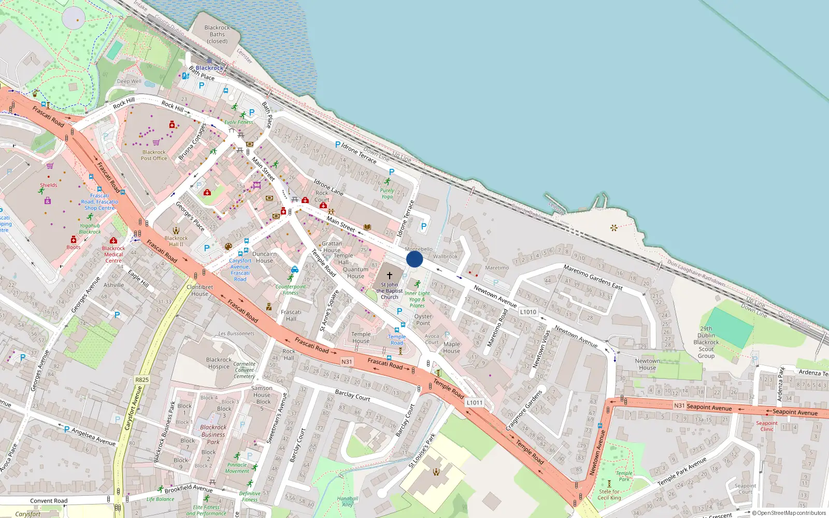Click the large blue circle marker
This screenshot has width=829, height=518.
[414, 259]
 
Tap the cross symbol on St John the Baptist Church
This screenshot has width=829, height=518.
[390, 276]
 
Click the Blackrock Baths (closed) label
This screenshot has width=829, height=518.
[217, 34]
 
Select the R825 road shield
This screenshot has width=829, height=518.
[142, 380]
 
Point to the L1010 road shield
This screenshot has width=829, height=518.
[528, 312]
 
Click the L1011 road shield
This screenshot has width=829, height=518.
[474, 402]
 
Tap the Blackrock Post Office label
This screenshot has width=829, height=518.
[154, 155]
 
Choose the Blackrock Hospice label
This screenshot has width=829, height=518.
[219, 363]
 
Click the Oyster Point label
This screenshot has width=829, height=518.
[423, 320]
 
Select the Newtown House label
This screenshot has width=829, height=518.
[647, 364]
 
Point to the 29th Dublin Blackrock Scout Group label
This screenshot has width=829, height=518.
[706, 342]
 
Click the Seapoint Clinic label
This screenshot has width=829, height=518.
[767, 426]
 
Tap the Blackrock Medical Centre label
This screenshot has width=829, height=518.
[113, 254]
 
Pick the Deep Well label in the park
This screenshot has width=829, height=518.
[129, 81]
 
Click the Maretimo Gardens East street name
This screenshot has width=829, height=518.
[593, 277]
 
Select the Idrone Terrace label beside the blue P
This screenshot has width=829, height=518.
[359, 153]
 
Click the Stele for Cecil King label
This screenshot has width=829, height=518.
[609, 495]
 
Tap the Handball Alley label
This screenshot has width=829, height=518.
[347, 501]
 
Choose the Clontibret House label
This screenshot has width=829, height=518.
[199, 290]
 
